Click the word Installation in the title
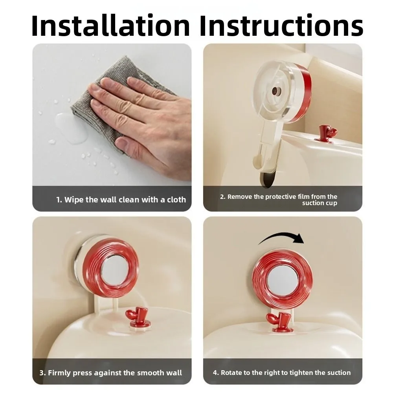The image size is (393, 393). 111,25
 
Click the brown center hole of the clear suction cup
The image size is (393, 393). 277,91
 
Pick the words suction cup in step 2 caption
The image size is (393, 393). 320,203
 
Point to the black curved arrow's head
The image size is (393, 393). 298,239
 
